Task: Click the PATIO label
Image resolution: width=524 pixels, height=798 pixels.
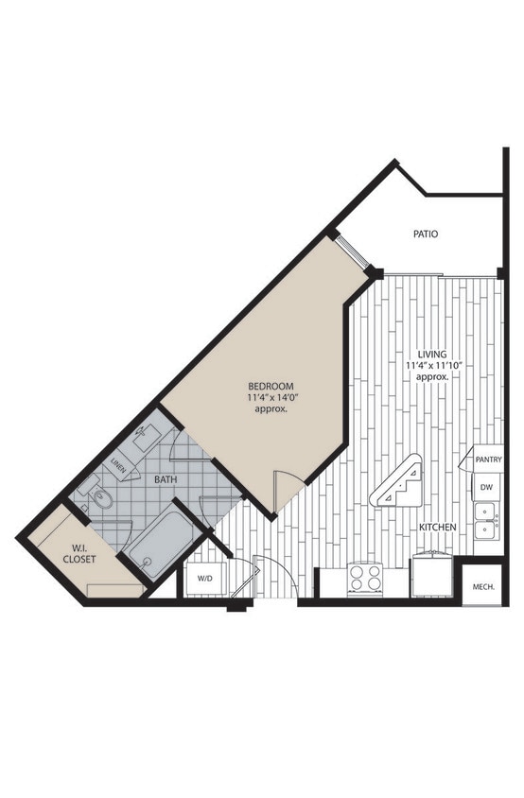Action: [425, 234]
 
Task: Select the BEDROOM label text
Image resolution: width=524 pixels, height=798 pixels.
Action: [271, 386]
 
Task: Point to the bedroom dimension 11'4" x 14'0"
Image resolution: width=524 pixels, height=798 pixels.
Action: [271, 398]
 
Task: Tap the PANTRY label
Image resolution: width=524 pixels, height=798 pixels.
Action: [489, 460]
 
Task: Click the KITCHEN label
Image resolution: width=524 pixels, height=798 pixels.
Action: [438, 527]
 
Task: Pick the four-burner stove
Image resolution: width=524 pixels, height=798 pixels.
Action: [364, 578]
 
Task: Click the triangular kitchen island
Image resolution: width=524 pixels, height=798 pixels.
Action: [398, 486]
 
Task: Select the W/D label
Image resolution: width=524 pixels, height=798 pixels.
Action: [204, 578]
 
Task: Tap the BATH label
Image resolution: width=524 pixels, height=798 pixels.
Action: [166, 480]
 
